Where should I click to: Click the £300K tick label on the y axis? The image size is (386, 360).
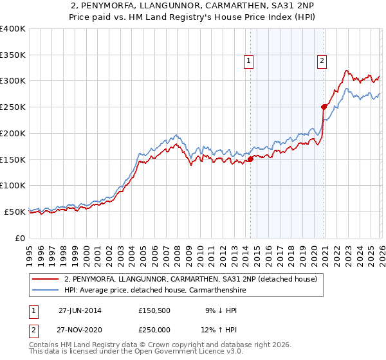point(13,81)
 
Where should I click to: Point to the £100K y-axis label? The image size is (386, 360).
point(13,185)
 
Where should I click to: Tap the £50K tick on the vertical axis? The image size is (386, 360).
point(15,212)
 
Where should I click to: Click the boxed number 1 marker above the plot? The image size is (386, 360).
point(249,61)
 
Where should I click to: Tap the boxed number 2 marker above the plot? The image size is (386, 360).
point(322,61)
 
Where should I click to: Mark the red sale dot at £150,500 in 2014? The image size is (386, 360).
point(250,159)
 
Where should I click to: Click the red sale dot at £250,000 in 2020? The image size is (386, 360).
point(324,107)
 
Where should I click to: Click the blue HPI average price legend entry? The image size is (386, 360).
point(155,291)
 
